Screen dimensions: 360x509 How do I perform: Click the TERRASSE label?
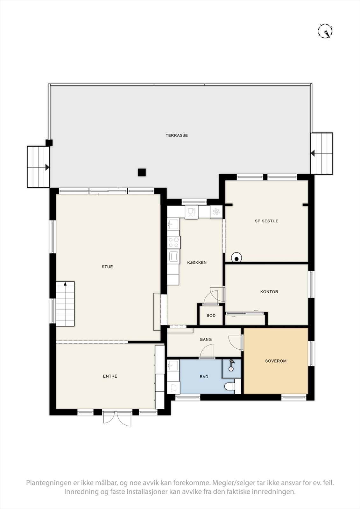[x=177, y=136]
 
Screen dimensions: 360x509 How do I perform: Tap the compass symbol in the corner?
[x=325, y=31]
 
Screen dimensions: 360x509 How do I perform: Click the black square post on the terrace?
[x=142, y=172]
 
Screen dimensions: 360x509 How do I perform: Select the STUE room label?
[x=107, y=267]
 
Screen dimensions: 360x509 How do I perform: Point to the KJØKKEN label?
[x=197, y=262]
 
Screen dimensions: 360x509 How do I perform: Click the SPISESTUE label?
[x=266, y=221]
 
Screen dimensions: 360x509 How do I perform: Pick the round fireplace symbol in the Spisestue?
[x=236, y=258]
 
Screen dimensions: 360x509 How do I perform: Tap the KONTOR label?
[x=269, y=292]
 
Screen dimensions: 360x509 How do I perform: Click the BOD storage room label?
[x=211, y=316]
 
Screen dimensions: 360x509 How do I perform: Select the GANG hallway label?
[x=206, y=339]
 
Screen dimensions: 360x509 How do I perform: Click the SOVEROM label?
[x=276, y=361]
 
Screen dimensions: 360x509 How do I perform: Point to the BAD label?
[x=204, y=377]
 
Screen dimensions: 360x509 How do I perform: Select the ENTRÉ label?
[x=110, y=376]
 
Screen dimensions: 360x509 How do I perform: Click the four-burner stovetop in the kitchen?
[x=174, y=242]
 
